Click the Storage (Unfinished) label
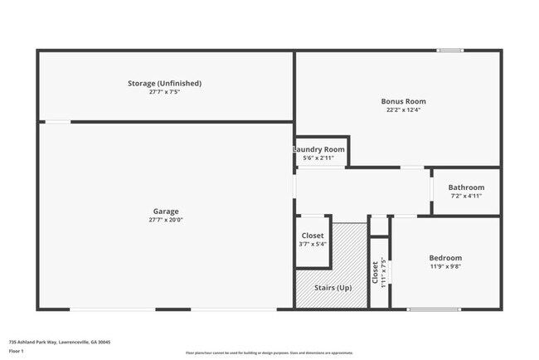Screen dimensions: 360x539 click(x=164, y=83)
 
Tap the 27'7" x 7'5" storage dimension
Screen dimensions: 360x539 click(x=164, y=91)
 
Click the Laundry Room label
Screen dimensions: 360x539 click(x=318, y=149)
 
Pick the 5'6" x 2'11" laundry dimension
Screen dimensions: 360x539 click(x=318, y=158)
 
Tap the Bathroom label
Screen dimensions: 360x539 click(x=466, y=187)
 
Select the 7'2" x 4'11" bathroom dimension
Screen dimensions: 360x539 click(x=466, y=196)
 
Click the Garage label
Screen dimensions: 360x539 click(x=165, y=211)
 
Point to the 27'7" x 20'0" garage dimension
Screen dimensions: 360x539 click(x=165, y=220)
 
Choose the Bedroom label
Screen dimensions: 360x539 click(x=445, y=258)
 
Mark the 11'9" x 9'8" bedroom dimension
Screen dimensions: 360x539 click(x=445, y=266)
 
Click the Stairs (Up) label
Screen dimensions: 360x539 click(x=331, y=288)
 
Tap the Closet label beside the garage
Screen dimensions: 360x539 click(x=313, y=236)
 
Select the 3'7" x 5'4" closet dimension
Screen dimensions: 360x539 click(x=313, y=244)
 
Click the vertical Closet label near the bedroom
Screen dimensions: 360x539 click(x=375, y=273)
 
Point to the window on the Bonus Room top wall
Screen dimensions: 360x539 click(x=450, y=51)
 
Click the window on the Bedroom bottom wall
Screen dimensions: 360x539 click(x=434, y=309)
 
